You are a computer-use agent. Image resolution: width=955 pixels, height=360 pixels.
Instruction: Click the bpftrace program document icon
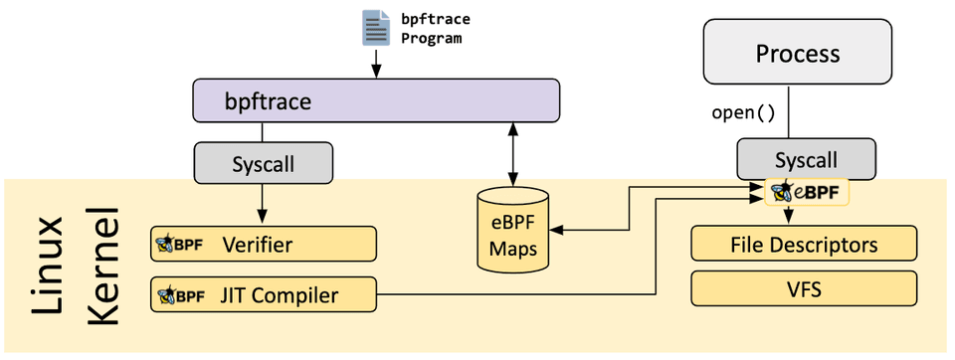point(375,27)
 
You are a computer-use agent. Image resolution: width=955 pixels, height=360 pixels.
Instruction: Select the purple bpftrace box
point(376,101)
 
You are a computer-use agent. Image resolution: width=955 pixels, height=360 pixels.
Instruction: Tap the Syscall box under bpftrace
point(263,163)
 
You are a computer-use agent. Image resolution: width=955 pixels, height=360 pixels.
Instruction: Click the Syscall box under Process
point(806,159)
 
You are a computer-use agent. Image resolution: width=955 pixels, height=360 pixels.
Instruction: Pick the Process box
point(798,53)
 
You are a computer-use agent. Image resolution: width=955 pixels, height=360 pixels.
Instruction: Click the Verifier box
point(264,244)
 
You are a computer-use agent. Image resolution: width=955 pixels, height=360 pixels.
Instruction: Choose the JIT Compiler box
point(264,294)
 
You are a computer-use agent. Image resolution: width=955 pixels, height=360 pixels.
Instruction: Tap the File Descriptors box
point(804,244)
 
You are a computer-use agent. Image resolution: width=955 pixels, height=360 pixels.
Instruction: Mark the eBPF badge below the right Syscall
point(807,191)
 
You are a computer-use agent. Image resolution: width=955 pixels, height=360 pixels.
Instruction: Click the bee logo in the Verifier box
point(166,244)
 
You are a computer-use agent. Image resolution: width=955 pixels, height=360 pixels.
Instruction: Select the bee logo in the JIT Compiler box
point(166,294)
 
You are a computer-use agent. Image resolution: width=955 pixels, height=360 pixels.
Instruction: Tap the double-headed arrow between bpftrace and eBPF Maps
point(512,152)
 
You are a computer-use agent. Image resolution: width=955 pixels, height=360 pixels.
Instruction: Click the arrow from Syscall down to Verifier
point(263,203)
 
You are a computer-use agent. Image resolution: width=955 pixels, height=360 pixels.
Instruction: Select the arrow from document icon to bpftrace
point(376,64)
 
